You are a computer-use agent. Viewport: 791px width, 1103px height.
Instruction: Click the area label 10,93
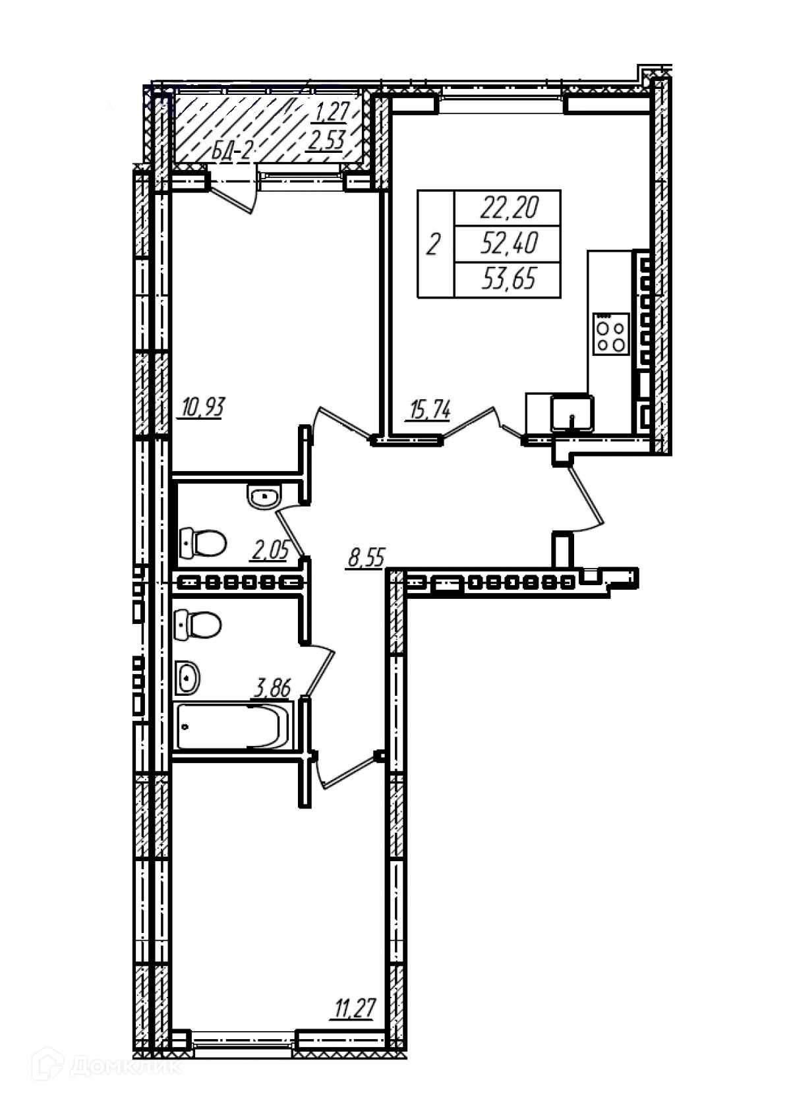[202, 408]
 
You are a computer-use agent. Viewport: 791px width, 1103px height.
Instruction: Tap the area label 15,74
[430, 410]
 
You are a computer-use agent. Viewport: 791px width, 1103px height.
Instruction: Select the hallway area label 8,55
[366, 559]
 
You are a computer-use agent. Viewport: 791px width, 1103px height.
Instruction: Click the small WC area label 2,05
[268, 549]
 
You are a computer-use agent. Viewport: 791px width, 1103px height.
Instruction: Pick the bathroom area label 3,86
[272, 690]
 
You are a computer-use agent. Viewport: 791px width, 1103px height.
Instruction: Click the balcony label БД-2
[233, 152]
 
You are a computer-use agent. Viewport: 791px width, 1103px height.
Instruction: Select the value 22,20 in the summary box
[509, 209]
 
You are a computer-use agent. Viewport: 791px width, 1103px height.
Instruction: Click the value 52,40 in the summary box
[509, 244]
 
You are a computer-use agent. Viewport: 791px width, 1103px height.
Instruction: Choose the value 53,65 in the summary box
[509, 280]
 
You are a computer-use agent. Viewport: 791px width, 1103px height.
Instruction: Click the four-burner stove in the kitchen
[610, 334]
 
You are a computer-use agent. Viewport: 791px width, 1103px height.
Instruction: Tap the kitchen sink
[571, 412]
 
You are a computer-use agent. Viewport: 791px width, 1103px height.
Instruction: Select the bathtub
[234, 726]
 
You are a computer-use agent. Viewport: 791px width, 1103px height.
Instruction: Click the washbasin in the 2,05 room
[265, 495]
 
